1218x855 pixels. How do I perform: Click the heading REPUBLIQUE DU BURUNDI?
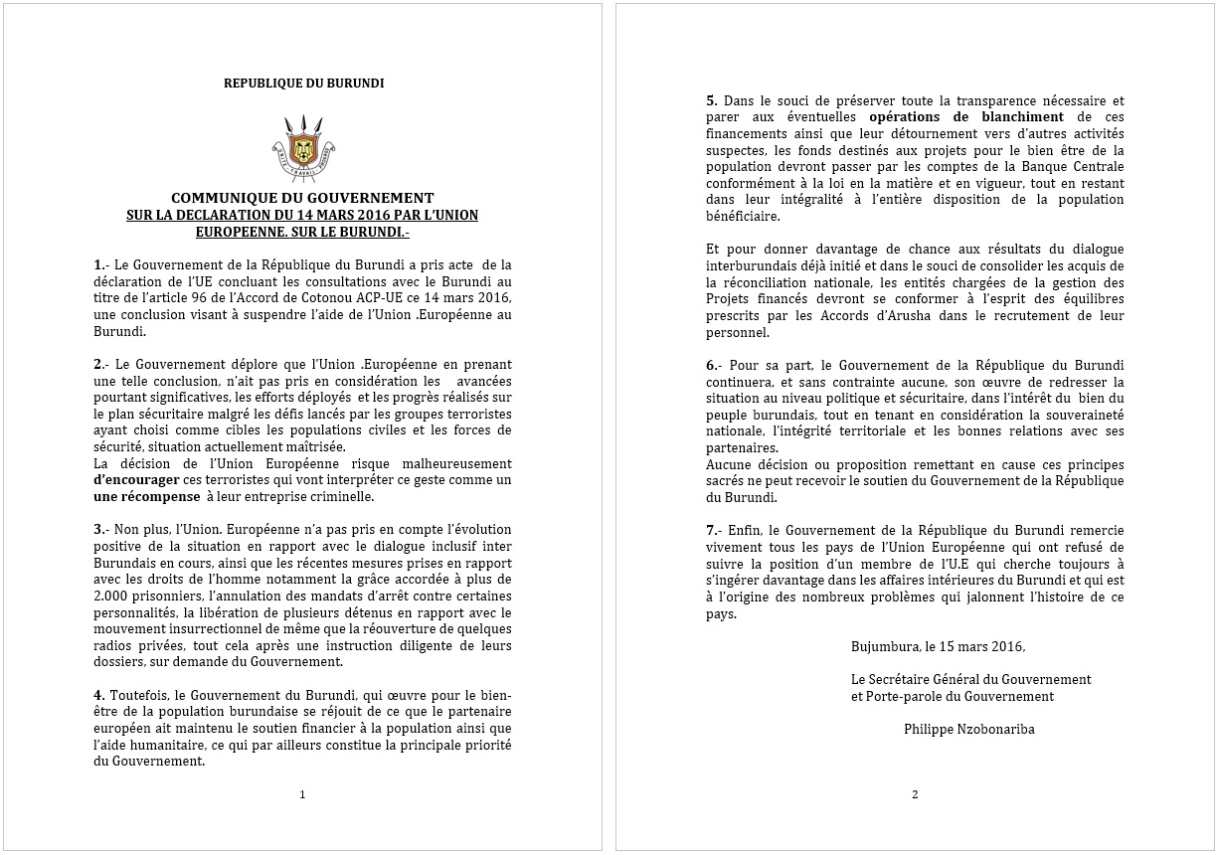tap(303, 84)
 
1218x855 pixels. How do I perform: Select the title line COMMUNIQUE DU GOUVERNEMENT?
tap(302, 198)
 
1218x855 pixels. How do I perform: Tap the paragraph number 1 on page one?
tap(98, 265)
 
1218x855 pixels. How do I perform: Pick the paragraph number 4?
tap(98, 696)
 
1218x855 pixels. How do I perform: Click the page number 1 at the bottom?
tap(302, 794)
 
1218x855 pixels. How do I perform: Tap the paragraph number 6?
tap(711, 366)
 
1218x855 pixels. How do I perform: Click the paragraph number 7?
tap(711, 532)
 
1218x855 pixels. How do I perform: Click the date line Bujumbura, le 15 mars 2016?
tap(938, 646)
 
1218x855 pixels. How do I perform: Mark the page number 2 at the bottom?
tap(915, 794)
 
